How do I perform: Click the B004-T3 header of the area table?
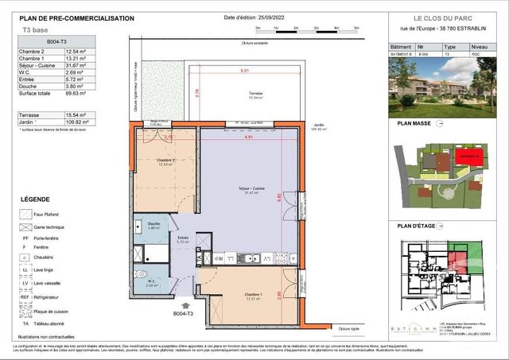click(x=57, y=41)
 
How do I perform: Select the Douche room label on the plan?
click(x=156, y=226)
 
